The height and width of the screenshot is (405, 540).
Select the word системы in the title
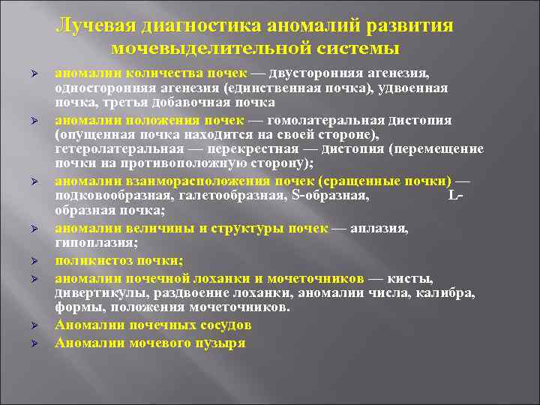pos(362,49)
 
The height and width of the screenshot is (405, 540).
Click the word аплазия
pos(383,227)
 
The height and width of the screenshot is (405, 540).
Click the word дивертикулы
pos(98,293)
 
